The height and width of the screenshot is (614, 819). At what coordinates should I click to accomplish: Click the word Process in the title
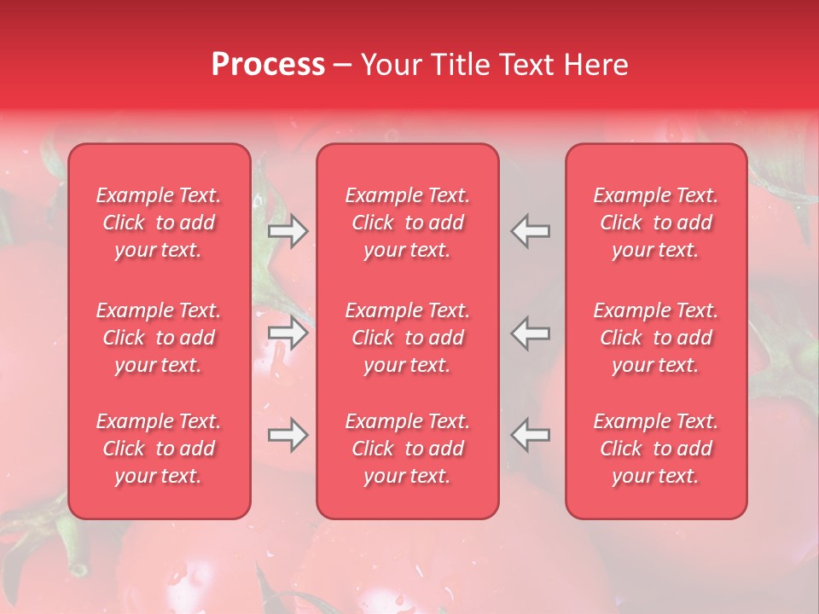(268, 65)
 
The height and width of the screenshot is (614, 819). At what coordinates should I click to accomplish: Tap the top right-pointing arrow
(288, 231)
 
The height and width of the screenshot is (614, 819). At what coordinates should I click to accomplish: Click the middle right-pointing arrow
(288, 333)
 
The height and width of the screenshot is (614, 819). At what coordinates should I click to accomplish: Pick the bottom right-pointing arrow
(288, 435)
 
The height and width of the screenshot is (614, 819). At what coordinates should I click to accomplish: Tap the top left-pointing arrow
(530, 231)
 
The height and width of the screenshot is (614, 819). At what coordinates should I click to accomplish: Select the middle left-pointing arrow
(530, 333)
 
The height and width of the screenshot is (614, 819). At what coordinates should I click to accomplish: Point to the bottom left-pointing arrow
(530, 435)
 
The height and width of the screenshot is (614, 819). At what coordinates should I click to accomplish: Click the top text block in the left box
(159, 223)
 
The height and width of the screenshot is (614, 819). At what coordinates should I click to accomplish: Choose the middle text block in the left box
(159, 338)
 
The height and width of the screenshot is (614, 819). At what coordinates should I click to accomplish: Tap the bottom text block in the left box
(159, 449)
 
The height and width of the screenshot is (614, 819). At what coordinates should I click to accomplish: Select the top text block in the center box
(408, 223)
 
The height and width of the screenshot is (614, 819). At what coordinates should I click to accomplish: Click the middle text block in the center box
(408, 338)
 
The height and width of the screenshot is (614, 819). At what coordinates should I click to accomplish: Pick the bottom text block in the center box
(408, 449)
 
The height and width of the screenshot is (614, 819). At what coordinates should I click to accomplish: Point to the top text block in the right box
(656, 223)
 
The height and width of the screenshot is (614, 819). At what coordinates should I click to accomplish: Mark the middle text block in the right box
(656, 338)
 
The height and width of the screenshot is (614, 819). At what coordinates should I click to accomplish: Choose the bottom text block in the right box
(656, 449)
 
